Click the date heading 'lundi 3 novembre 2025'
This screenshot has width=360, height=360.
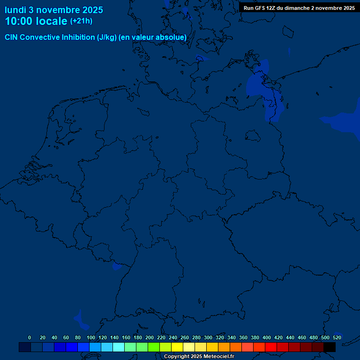pos(54,10)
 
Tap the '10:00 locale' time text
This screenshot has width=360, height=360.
pos(36,21)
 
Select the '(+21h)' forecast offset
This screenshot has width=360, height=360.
pos(81,21)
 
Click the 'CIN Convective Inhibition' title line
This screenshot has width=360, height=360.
pos(96,37)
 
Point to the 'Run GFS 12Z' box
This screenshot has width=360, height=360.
pos(299,8)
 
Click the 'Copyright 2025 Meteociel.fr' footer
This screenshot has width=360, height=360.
pos(199,357)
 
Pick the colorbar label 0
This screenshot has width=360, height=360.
pos(30,337)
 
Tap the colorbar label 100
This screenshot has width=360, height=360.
pos(91,337)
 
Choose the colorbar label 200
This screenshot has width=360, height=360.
pos(150,337)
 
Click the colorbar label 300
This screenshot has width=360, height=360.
pos(208,337)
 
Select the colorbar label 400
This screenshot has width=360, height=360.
pos(267,337)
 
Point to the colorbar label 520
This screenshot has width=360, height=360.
pos(337,337)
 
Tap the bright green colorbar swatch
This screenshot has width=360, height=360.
pos(154,347)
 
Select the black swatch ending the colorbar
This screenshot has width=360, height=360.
pos(330,347)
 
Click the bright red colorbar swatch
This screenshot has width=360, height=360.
pos(271,347)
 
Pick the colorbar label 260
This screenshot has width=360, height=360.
pos(185,337)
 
